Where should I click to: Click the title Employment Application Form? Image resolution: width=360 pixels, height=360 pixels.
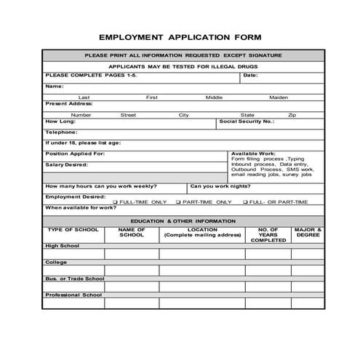(x=180, y=36)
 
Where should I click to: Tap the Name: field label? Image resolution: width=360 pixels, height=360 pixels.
(x=55, y=86)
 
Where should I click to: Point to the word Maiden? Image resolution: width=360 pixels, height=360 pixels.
(x=279, y=97)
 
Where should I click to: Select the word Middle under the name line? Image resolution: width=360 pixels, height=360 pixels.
(x=215, y=97)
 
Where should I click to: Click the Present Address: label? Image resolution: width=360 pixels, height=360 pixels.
(x=66, y=103)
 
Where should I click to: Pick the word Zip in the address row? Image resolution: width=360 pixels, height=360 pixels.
(x=292, y=115)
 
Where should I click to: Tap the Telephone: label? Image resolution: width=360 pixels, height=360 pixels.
(x=61, y=132)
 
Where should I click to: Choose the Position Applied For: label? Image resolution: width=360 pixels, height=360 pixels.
(x=76, y=154)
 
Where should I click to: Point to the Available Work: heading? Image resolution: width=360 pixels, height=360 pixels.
(x=253, y=154)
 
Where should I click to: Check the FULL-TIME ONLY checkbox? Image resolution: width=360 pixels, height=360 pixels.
(x=115, y=202)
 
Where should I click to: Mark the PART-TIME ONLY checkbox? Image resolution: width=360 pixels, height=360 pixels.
(x=179, y=202)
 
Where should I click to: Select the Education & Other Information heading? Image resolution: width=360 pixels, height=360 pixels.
(x=183, y=220)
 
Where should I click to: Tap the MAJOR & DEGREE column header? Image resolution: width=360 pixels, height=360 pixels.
(x=308, y=233)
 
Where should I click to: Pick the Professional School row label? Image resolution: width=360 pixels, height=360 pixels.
(x=73, y=295)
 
